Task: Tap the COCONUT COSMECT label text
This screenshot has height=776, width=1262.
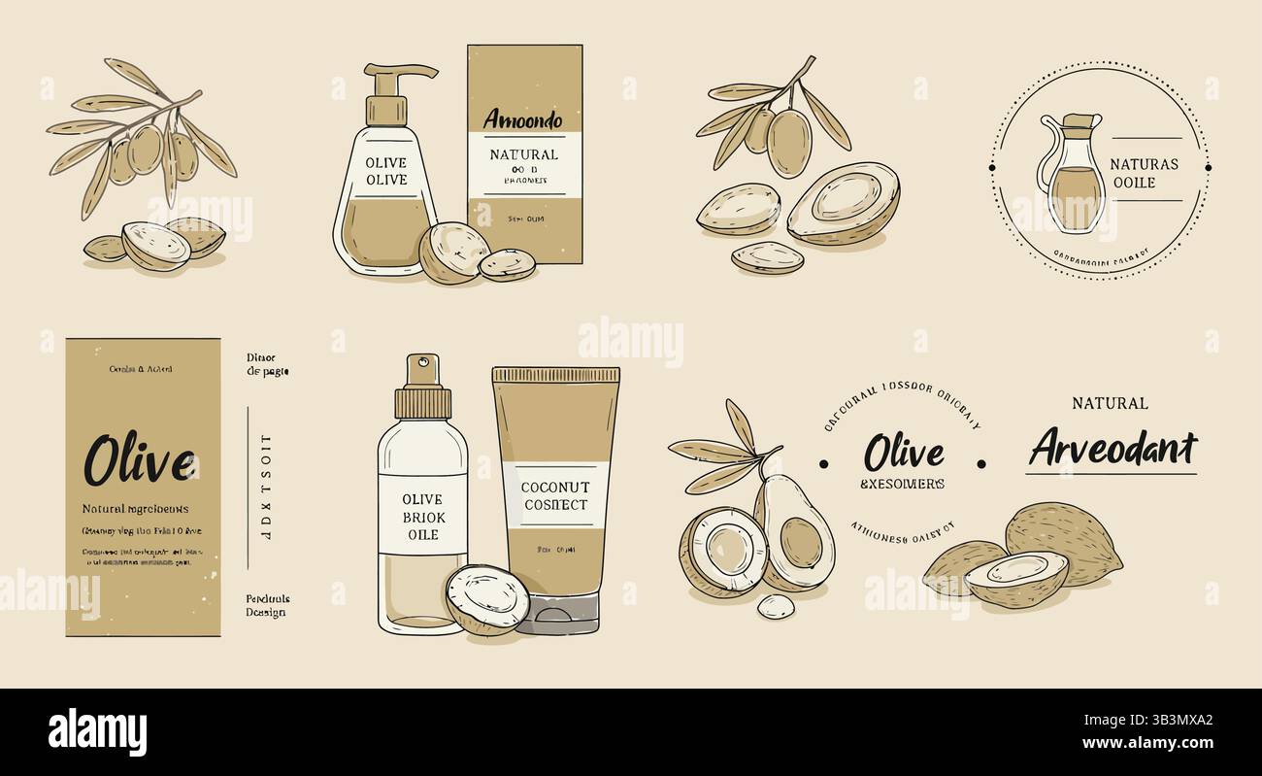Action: [x=554, y=495]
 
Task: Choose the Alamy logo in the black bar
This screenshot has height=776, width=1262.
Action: [x=97, y=730]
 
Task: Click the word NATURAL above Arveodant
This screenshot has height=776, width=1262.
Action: [x=1110, y=403]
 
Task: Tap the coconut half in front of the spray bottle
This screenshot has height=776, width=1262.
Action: [x=488, y=599]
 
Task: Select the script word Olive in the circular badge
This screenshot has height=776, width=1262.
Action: [x=903, y=453]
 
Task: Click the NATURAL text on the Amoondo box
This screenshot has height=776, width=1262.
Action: [x=523, y=154]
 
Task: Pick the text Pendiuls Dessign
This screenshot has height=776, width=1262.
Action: [x=267, y=606]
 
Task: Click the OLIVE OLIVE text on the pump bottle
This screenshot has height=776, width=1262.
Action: [x=385, y=172]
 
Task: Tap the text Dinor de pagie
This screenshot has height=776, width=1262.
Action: [x=267, y=364]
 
